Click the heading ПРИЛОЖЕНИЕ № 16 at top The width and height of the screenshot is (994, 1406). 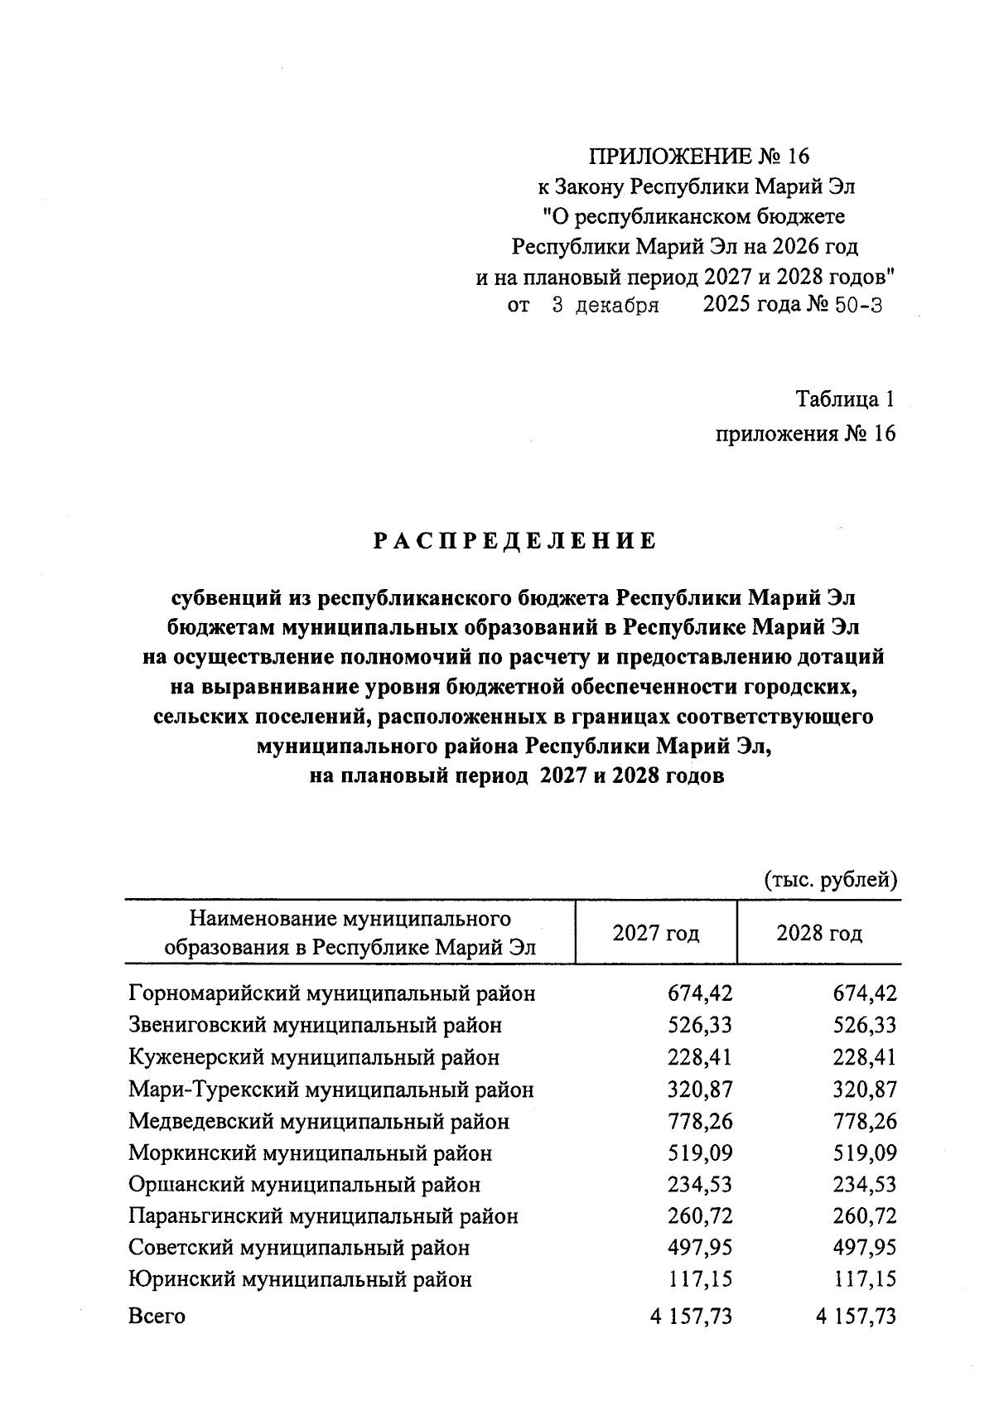[697, 157]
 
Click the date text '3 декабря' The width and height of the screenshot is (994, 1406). [605, 306]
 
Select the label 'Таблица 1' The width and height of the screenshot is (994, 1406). [845, 399]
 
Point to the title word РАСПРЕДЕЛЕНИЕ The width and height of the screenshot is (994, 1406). [514, 542]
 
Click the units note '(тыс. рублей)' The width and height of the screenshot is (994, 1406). [830, 879]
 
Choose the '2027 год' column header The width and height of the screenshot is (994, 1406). [655, 934]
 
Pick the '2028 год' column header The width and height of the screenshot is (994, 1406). [818, 934]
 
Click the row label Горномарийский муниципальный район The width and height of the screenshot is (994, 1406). [332, 993]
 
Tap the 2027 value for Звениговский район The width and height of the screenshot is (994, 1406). [700, 1026]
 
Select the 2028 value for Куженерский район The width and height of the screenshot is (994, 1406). [864, 1058]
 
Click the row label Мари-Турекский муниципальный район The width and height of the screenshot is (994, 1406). [331, 1090]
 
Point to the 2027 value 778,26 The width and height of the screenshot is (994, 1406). [700, 1122]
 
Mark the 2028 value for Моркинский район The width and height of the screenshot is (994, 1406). [864, 1153]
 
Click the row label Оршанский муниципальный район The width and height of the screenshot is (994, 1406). [304, 1185]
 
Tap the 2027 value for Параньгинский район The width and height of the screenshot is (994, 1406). [700, 1217]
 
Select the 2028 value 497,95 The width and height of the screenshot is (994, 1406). [864, 1249]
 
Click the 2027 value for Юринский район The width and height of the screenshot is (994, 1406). [700, 1280]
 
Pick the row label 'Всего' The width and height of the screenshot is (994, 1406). [157, 1317]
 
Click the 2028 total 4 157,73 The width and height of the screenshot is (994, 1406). [856, 1317]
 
